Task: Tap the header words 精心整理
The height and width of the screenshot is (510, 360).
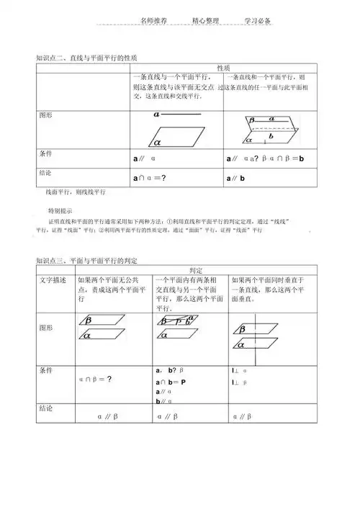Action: [206, 22]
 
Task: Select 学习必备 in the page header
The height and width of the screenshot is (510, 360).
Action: [257, 22]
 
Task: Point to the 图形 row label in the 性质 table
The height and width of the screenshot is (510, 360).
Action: [45, 115]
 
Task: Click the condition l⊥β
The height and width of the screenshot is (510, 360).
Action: [239, 382]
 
